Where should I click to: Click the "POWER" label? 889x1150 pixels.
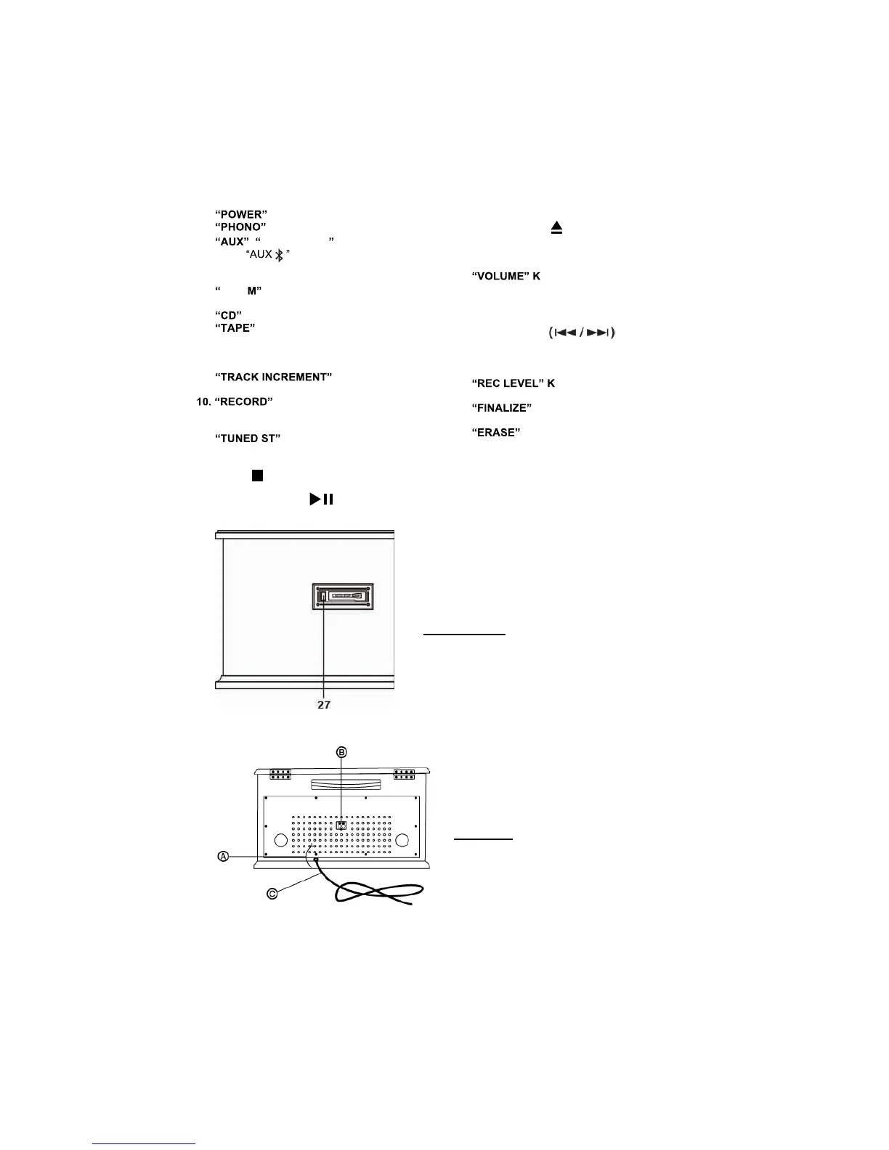[242, 215]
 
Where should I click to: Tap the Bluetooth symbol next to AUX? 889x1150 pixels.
[279, 255]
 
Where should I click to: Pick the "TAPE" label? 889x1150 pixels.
[235, 328]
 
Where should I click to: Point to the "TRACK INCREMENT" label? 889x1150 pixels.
[274, 378]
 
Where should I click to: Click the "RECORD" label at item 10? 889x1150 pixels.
[243, 402]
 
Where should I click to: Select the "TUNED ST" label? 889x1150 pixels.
[248, 439]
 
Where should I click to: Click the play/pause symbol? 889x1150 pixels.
[321, 499]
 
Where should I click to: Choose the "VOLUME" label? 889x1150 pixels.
[501, 277]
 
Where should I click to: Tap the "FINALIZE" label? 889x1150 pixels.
[502, 408]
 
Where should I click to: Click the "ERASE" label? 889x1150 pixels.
[496, 433]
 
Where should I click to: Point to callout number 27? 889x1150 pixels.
[324, 705]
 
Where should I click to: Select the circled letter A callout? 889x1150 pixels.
[224, 857]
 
